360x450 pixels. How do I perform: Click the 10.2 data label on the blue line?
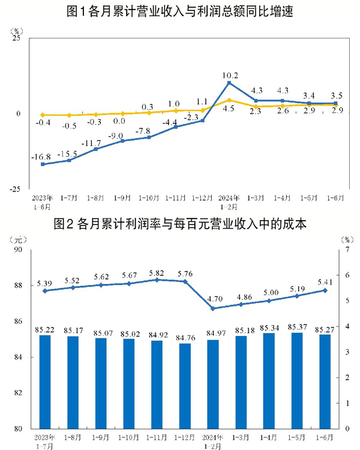pos(230,76)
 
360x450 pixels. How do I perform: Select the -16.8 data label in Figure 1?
pos(42,157)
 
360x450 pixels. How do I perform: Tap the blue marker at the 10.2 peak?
pos(229,83)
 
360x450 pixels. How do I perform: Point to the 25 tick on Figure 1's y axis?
pos(17,38)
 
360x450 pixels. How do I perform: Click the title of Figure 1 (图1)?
pos(180,11)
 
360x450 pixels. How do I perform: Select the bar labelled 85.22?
pos(44,382)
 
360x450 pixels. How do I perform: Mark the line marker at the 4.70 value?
pos(213,308)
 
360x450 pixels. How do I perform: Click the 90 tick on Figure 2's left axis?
pos(17,250)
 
